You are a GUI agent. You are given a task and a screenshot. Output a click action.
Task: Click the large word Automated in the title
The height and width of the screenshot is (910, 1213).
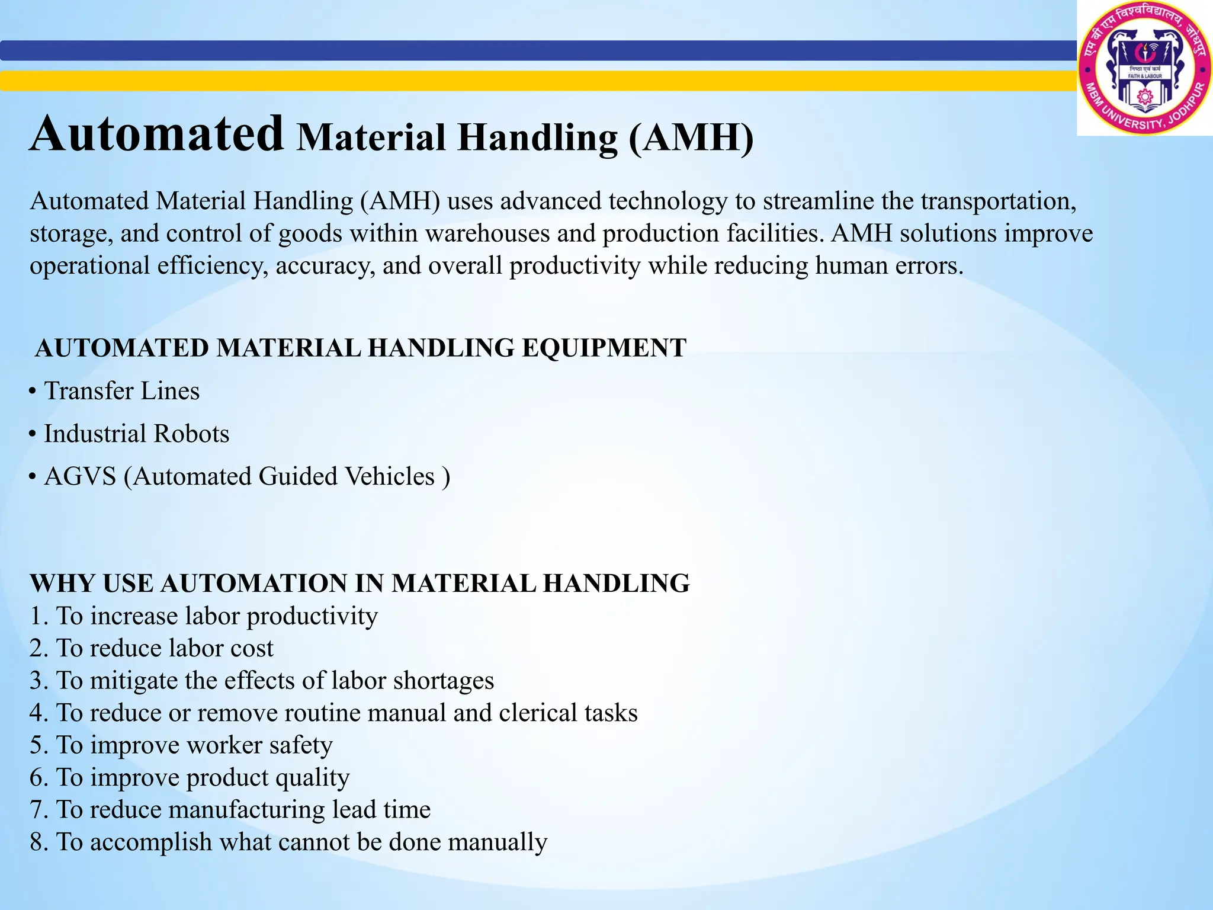point(157,134)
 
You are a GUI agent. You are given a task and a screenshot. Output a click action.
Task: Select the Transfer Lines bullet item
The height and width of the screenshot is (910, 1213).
point(121,391)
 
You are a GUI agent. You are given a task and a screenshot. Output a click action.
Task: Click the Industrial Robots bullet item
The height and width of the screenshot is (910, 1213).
point(136,434)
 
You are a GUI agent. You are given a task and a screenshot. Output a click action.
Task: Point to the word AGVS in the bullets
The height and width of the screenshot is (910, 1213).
point(80,476)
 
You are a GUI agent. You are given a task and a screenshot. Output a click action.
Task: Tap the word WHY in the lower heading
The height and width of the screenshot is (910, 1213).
point(63,584)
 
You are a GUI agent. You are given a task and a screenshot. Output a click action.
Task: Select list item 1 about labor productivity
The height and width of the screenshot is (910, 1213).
point(204,616)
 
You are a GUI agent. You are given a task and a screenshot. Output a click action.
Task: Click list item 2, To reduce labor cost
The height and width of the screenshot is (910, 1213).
point(152,648)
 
